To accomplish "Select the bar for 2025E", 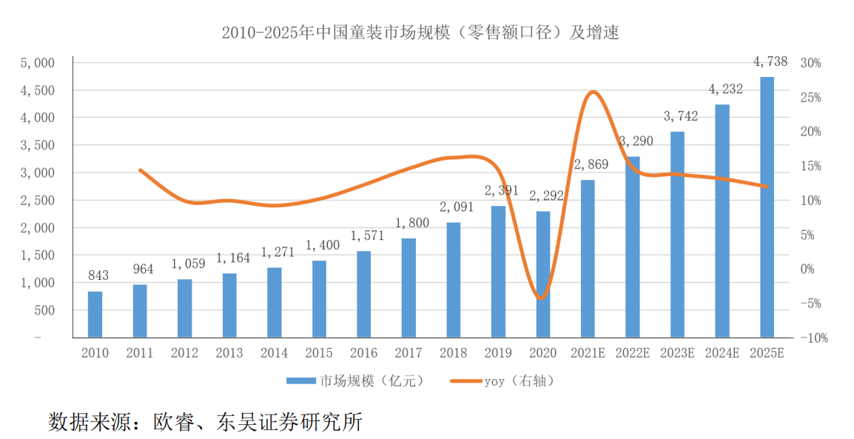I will tap(767, 207).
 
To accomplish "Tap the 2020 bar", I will tap(543, 275).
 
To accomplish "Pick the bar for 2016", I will tap(364, 295).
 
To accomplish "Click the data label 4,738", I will tap(770, 62).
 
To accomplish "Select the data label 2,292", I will tap(546, 196).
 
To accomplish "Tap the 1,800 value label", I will tap(412, 222).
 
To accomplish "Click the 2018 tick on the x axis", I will tap(454, 353).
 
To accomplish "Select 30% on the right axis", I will tap(811, 63).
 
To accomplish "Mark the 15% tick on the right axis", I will tap(811, 167).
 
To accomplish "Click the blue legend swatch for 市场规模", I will tap(301, 381).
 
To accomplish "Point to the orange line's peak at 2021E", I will tap(592, 93).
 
